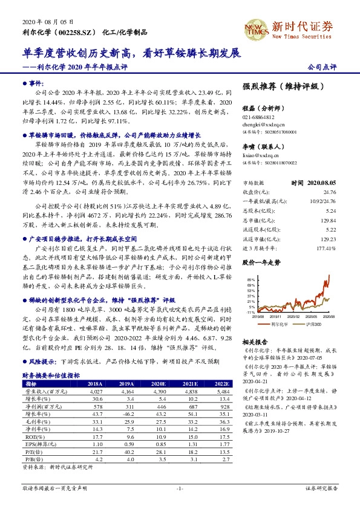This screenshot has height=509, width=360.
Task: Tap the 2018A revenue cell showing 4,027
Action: click(x=96, y=375)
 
